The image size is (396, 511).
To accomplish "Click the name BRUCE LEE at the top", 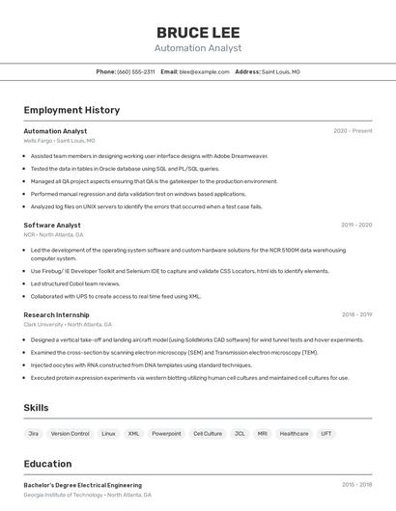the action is [x=198, y=31].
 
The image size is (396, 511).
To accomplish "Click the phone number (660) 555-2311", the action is [x=135, y=71].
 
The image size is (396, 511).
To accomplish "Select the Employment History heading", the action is [x=71, y=110].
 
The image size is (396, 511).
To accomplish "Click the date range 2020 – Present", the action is [x=353, y=131].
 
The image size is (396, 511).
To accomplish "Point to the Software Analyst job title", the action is [x=52, y=225].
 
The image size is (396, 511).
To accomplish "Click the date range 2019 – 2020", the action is [x=356, y=225].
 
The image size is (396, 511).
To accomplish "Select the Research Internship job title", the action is [x=56, y=314].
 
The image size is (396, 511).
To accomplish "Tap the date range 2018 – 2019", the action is [x=356, y=314].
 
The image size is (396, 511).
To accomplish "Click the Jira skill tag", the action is [x=34, y=434].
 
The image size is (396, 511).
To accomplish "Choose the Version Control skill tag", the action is [x=70, y=434].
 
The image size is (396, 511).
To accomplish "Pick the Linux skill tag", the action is [x=108, y=434].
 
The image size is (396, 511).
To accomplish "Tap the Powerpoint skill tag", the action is [x=166, y=434].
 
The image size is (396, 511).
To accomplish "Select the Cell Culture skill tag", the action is [x=208, y=434].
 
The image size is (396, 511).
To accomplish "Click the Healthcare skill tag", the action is [x=294, y=434].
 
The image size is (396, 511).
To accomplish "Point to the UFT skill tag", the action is [x=326, y=434].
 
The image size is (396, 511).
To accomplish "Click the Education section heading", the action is [x=47, y=464].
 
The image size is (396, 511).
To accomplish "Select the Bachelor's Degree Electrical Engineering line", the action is [x=82, y=485].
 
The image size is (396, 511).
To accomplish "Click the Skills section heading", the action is [x=36, y=408].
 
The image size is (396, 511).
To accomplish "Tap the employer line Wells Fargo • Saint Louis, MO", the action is [x=59, y=141].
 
